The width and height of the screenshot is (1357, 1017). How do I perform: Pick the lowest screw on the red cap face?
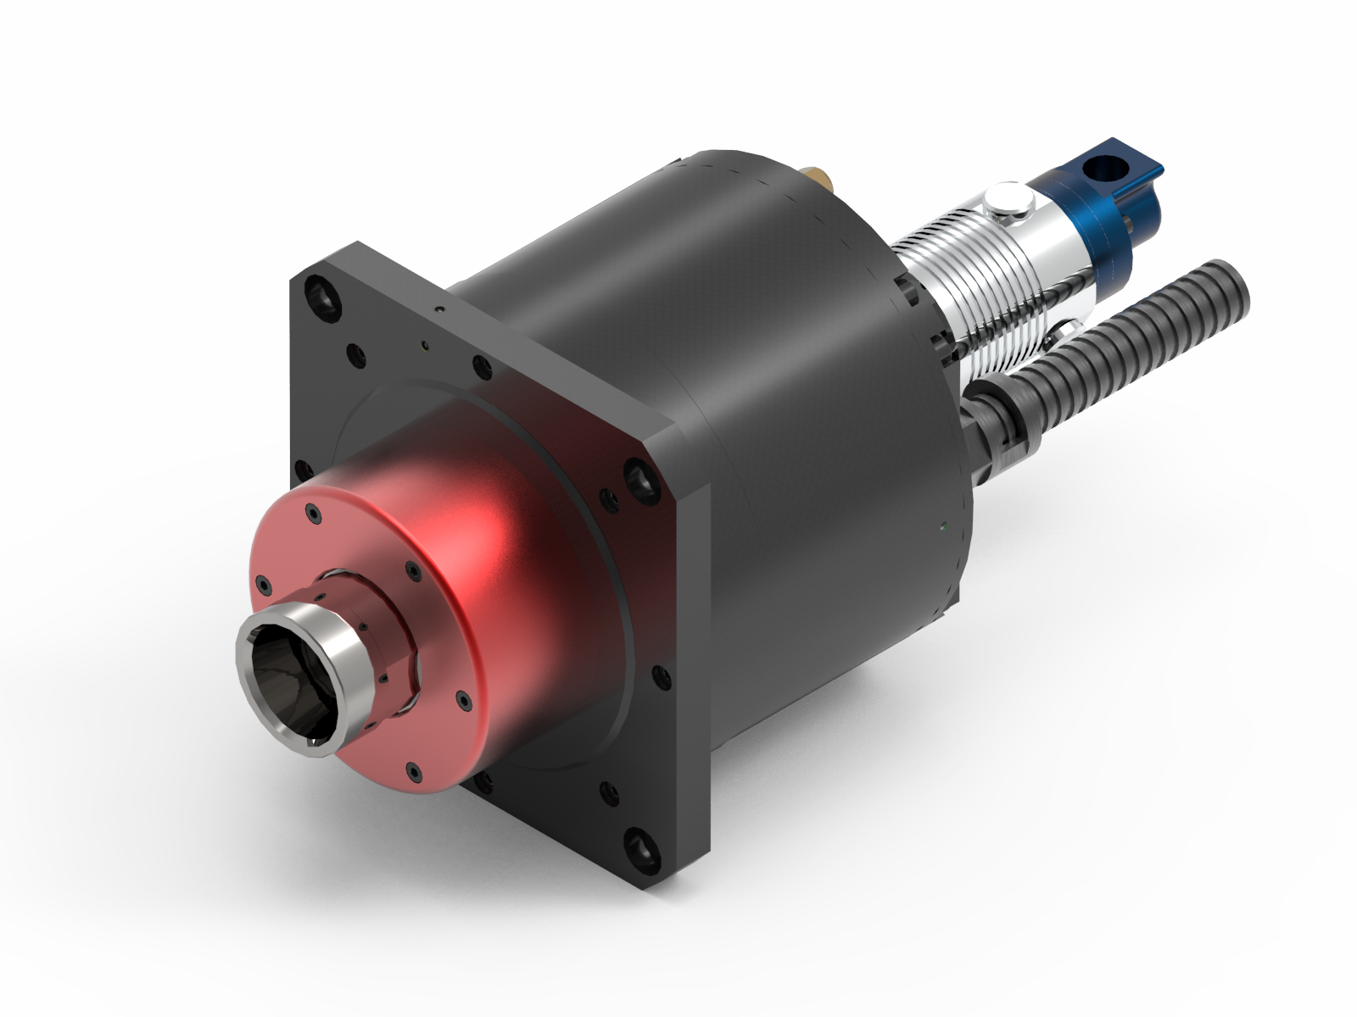(413, 771)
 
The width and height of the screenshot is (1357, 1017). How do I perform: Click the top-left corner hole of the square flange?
(322, 294)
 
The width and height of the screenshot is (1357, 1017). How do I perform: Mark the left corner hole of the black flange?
(300, 471)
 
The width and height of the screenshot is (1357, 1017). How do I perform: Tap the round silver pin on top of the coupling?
(1007, 201)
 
